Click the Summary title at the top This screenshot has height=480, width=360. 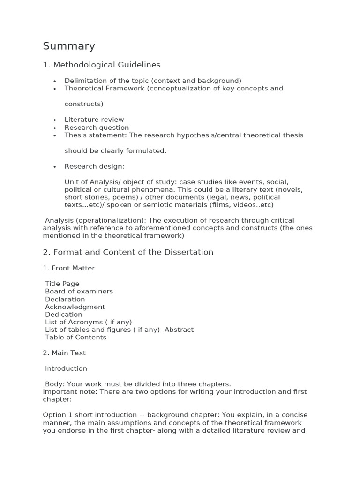point(69,46)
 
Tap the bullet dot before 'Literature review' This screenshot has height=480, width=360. point(55,120)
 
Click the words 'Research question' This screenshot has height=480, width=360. point(97,127)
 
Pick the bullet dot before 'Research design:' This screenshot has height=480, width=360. point(55,167)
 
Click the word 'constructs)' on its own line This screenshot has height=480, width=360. point(84,104)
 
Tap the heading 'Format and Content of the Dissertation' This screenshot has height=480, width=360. point(133,252)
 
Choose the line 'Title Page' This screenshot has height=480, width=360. point(62,284)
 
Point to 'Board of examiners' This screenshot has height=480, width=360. point(79,291)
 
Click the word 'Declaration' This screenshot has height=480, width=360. point(65,299)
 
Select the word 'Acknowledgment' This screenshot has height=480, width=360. point(75,307)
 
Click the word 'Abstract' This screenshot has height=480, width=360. point(179,330)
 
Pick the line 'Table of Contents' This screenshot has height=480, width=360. point(75,337)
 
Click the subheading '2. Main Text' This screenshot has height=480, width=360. point(64,352)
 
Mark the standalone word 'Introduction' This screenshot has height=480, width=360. point(66,368)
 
